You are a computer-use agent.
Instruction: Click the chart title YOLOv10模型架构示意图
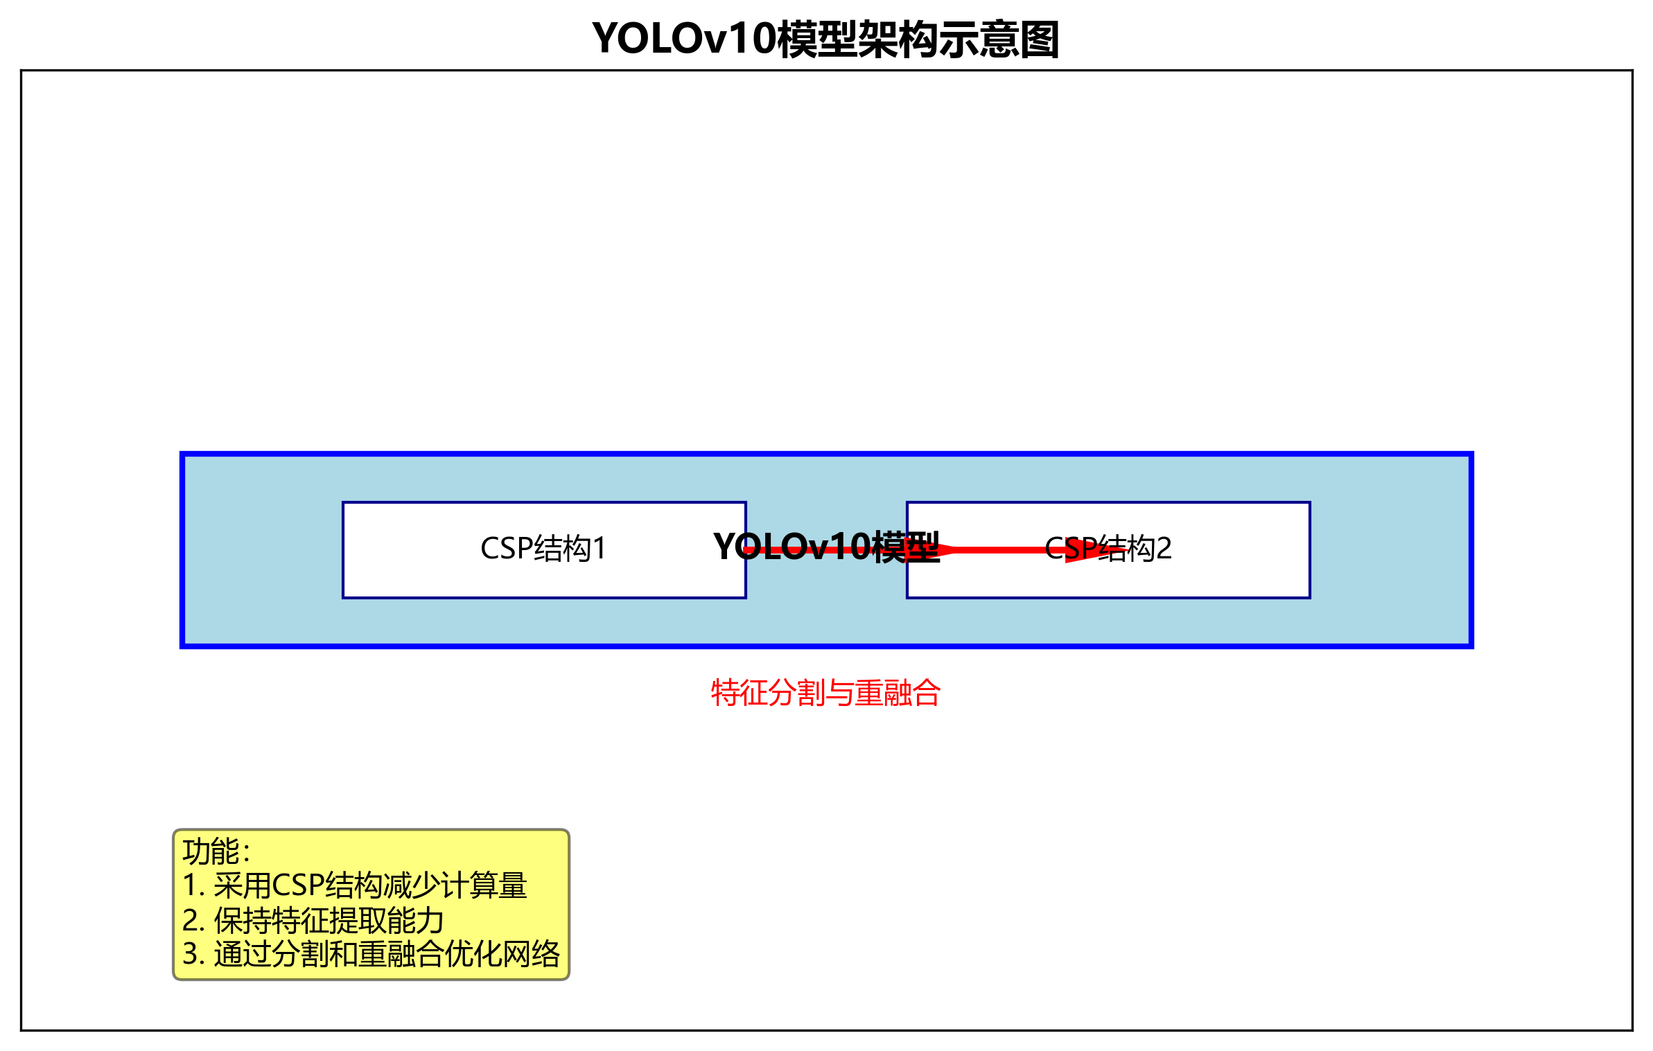(x=825, y=39)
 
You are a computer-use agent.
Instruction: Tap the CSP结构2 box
(x=1213, y=575)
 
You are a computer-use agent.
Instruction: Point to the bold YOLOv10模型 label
(x=825, y=547)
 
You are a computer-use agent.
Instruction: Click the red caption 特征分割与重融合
(x=825, y=693)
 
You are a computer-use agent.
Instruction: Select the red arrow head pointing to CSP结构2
(x=1092, y=551)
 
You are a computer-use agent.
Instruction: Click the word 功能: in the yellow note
(x=216, y=851)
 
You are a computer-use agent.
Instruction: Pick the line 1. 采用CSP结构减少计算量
(x=354, y=886)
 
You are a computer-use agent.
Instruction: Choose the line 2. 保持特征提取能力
(x=313, y=921)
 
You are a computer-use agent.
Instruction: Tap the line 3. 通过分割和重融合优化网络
(x=371, y=954)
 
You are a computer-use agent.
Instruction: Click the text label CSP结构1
(x=543, y=549)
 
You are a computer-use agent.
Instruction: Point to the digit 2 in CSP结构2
(x=1164, y=549)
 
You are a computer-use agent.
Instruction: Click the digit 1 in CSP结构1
(x=600, y=549)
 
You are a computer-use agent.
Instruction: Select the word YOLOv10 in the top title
(x=683, y=39)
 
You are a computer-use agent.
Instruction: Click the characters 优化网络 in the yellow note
(x=502, y=954)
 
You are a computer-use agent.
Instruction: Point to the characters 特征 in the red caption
(x=740, y=693)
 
